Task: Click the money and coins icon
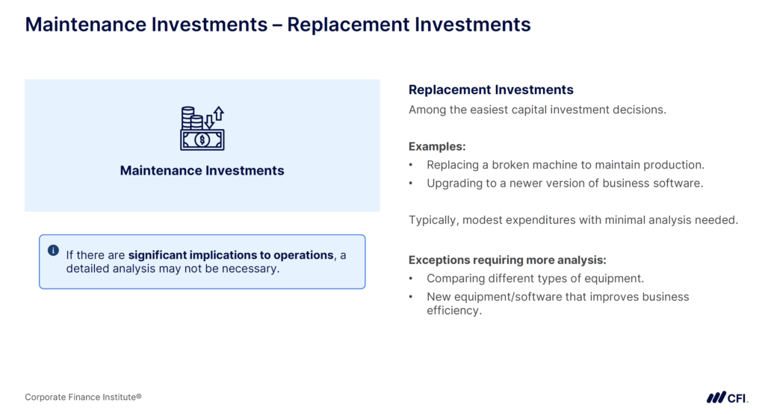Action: pos(202,128)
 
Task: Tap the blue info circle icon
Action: pos(53,251)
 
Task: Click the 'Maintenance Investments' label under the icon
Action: pos(202,171)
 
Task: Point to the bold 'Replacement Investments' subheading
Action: pos(491,90)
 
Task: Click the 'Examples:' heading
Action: pos(437,147)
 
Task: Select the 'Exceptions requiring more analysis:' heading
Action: pos(507,260)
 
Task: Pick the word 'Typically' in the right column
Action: pos(433,220)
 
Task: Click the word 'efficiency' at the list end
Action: pos(453,310)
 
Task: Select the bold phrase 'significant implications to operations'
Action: pos(231,255)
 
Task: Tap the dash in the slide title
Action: pos(277,25)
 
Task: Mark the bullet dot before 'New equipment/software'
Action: pos(411,297)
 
